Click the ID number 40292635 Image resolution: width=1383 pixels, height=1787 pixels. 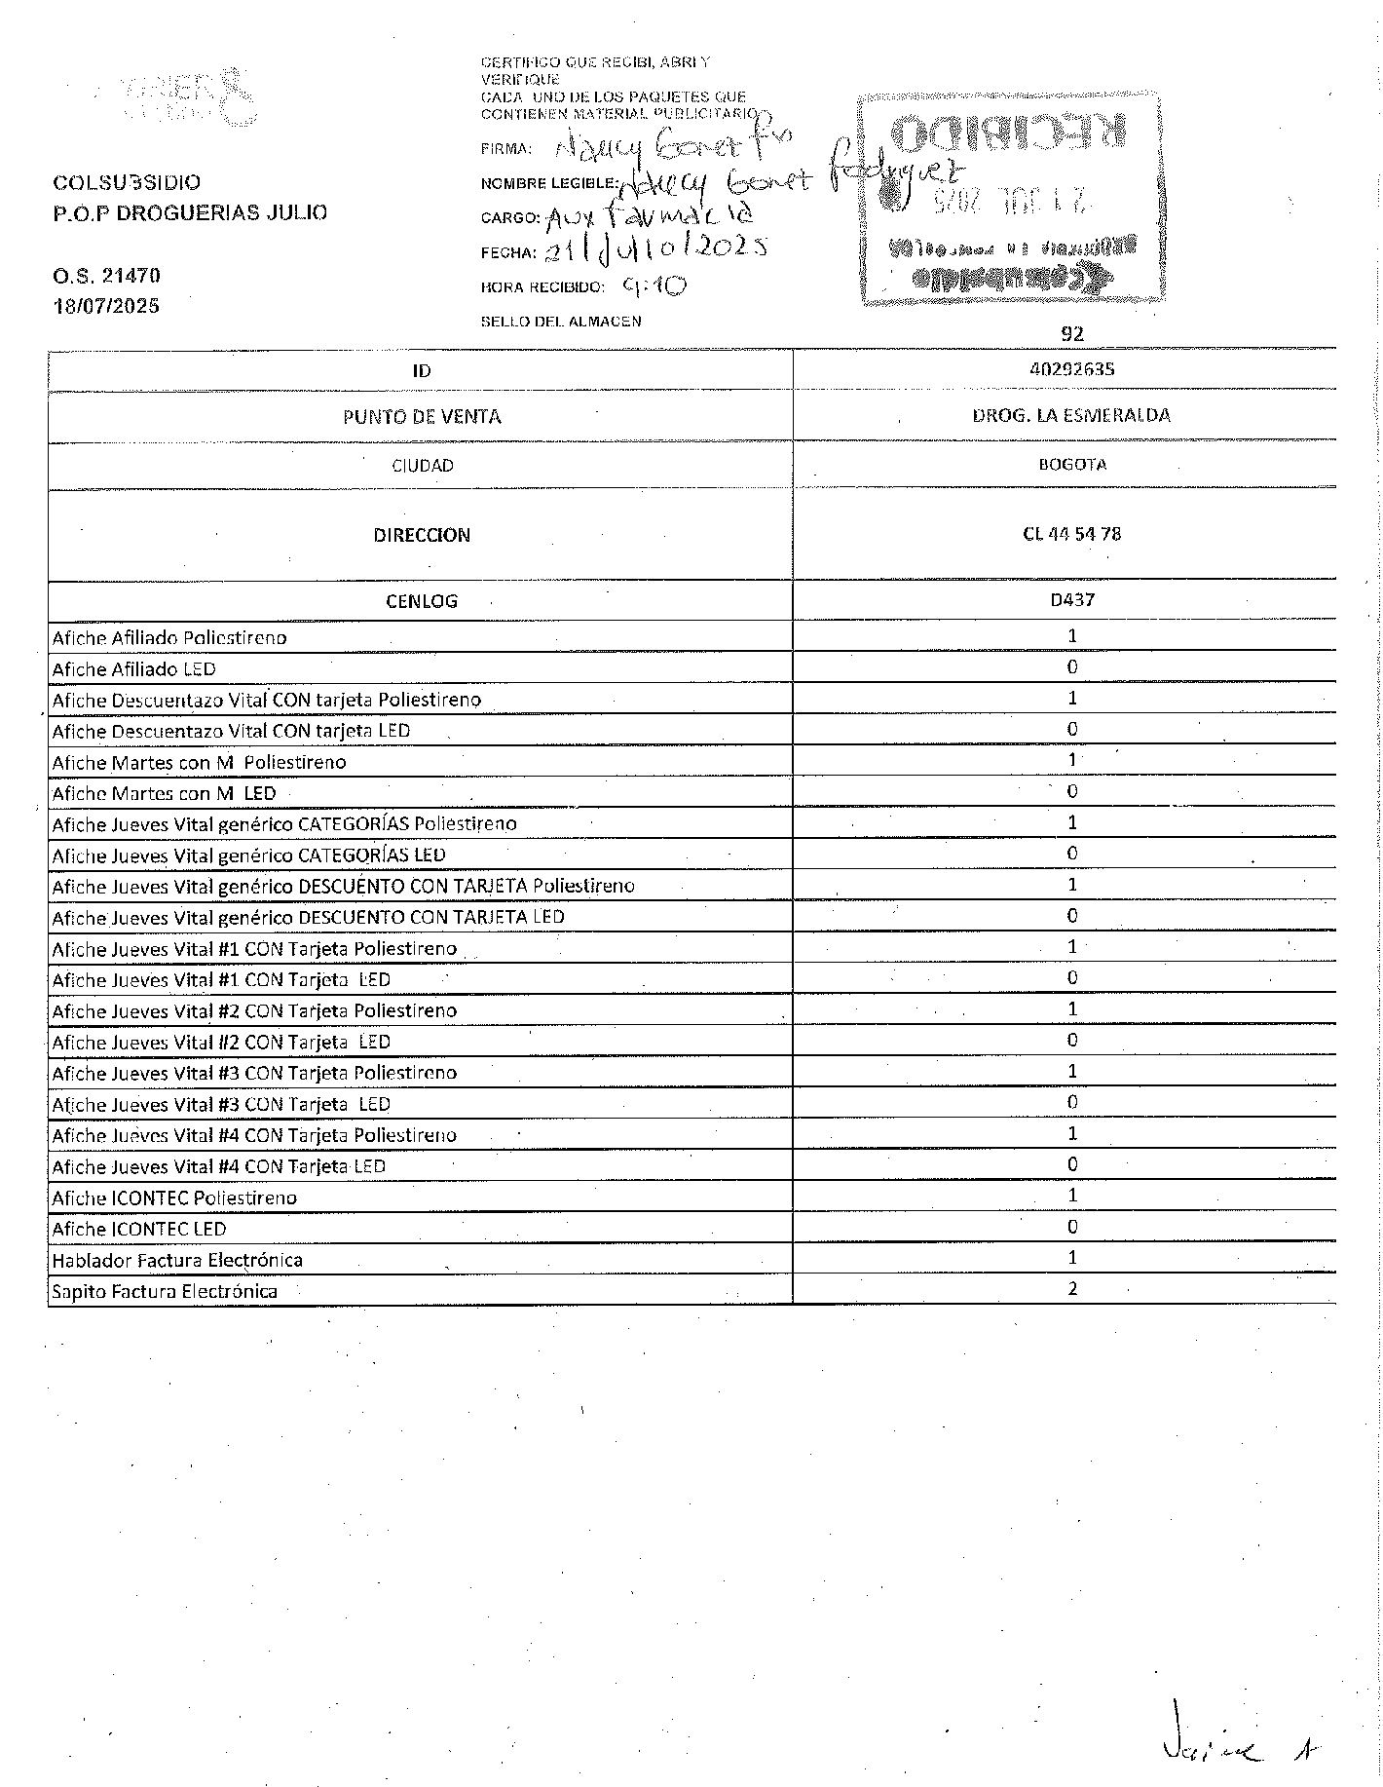pyautogui.click(x=1071, y=369)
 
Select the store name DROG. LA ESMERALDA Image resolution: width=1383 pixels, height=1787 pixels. pyautogui.click(x=1071, y=415)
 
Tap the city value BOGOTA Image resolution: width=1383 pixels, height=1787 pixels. pyautogui.click(x=1071, y=465)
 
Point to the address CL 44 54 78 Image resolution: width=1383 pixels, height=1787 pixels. pyautogui.click(x=1071, y=534)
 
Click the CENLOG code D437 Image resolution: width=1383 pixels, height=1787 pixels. pyautogui.click(x=1071, y=600)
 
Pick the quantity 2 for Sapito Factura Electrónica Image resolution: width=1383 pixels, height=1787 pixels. pyautogui.click(x=1072, y=1289)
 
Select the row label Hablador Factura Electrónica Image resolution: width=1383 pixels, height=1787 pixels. pyautogui.click(x=177, y=1260)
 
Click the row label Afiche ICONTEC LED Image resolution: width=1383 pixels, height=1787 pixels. pyautogui.click(x=139, y=1229)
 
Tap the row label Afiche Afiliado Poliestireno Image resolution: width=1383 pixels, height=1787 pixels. pyautogui.click(x=169, y=638)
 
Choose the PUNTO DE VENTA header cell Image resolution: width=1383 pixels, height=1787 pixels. pyautogui.click(x=422, y=417)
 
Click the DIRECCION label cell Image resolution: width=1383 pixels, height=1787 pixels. pyautogui.click(x=422, y=535)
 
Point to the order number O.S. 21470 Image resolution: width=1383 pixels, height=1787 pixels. pyautogui.click(x=106, y=277)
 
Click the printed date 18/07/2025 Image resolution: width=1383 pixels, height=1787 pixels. pyautogui.click(x=106, y=306)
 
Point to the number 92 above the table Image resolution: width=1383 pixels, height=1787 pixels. pyautogui.click(x=1071, y=333)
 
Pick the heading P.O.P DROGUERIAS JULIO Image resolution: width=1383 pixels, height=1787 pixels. pyautogui.click(x=190, y=212)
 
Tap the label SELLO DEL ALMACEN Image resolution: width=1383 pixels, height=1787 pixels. pyautogui.click(x=561, y=322)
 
